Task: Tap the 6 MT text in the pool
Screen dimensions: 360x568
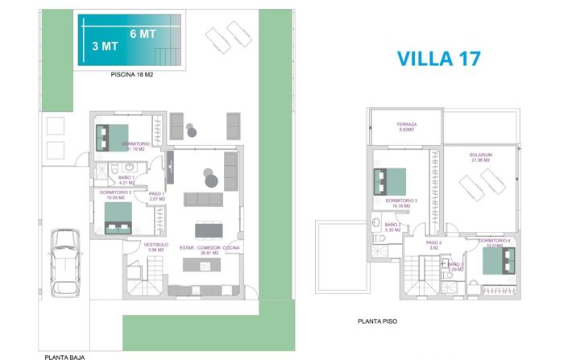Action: tap(142, 34)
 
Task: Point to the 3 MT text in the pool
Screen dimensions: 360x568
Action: tap(105, 46)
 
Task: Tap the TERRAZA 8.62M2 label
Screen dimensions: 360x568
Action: tap(405, 127)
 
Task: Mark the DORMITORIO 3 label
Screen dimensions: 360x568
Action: tap(400, 203)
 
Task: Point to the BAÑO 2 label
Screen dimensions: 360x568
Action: tap(393, 227)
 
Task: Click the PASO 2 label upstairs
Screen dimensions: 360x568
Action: tap(433, 245)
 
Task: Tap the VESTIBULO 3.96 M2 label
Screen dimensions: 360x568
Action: tap(155, 246)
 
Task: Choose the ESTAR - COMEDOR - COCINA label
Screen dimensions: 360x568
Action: tap(210, 250)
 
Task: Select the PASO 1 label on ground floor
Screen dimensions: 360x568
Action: tap(156, 197)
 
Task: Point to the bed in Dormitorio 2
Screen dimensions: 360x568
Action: tap(118, 217)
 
